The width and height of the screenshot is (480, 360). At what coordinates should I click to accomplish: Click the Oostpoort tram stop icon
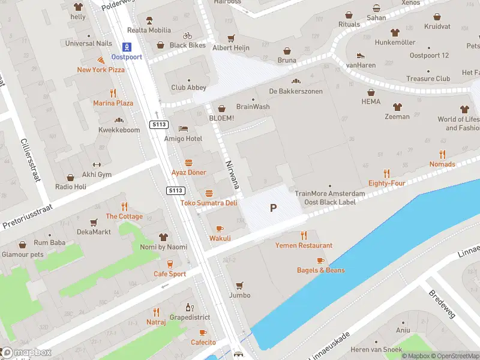pos(127,46)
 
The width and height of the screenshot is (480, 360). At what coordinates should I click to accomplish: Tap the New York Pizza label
pos(101,70)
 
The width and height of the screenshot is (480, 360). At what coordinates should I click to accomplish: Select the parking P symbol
pos(273,208)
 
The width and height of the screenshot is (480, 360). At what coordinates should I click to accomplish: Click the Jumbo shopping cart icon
pos(239,286)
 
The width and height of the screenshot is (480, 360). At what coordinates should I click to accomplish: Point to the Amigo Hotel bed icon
pos(184,129)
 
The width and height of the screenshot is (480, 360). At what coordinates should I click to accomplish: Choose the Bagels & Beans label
pos(320,270)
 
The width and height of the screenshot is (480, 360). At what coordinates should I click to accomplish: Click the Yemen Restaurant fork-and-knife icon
pos(304,235)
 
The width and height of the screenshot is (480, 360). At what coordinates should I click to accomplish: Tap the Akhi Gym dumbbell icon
pos(97,165)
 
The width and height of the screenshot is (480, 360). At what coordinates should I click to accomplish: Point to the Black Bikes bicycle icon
pos(187,35)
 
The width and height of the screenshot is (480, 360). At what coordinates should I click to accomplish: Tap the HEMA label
pos(371,102)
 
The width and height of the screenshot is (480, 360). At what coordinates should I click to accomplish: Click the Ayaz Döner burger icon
pos(188,163)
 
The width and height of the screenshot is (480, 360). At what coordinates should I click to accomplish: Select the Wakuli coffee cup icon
pos(220,229)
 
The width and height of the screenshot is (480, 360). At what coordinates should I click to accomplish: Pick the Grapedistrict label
pos(190,317)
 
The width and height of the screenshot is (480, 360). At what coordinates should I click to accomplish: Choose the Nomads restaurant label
pos(442,164)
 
